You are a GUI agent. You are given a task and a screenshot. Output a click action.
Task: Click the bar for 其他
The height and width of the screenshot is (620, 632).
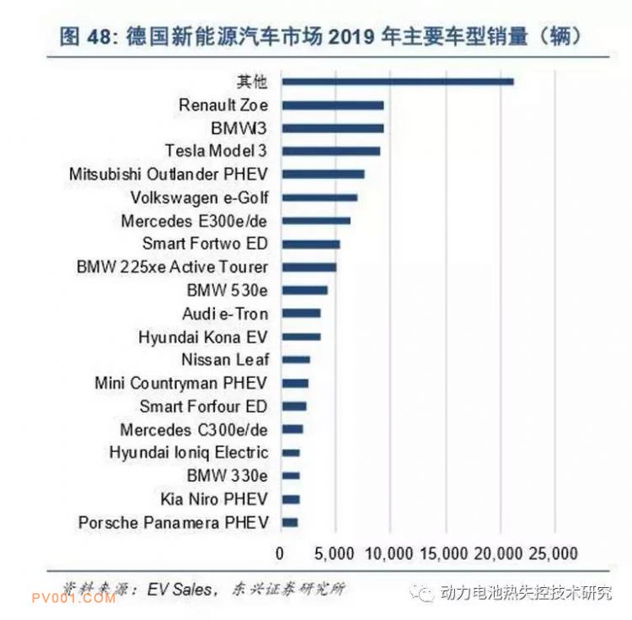(397, 82)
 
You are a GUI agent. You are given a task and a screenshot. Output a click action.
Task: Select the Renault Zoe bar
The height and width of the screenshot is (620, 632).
(332, 105)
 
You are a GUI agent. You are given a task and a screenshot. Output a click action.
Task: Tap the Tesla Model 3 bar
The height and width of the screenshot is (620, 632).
(330, 151)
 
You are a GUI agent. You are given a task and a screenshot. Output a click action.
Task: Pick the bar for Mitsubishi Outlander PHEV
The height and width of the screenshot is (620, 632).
(323, 175)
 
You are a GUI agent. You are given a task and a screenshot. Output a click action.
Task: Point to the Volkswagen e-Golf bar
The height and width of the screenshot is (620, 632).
(319, 197)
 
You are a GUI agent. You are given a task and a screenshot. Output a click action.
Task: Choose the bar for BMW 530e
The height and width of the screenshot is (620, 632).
(304, 290)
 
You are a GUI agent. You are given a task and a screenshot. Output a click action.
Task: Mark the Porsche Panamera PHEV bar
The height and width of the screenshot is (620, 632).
(289, 523)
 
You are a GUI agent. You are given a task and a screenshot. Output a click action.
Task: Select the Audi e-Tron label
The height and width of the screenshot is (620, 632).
(226, 314)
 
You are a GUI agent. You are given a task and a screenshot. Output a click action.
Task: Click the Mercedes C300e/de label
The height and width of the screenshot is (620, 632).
(194, 429)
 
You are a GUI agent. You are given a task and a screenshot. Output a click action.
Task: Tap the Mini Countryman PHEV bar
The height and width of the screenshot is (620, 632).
(294, 383)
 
